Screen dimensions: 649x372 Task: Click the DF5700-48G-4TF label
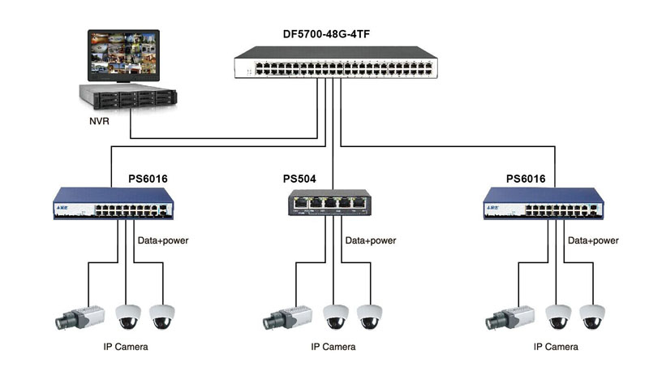pos(326,34)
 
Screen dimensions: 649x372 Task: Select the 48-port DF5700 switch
pos(336,63)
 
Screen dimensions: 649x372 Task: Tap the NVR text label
pos(99,121)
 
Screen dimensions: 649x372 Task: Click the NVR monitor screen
pos(123,55)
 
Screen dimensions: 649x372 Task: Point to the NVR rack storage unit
pos(128,96)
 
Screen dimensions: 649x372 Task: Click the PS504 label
pos(299,179)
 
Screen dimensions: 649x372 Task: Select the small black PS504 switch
pos(329,202)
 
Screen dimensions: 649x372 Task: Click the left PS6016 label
pos(148,179)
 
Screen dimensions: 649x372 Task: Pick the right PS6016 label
pos(526,179)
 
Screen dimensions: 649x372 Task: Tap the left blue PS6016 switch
pos(114,203)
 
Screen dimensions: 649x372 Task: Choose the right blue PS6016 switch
pos(544,203)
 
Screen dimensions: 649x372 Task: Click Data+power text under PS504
pos(371,240)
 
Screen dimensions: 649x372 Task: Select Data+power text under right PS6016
pos(593,240)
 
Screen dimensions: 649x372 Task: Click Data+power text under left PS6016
pos(163,240)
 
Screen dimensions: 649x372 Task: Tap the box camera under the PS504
pos(287,318)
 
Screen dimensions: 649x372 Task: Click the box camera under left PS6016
pos(80,318)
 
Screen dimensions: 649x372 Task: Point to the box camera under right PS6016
pos(509,318)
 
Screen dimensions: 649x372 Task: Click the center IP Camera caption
pos(333,347)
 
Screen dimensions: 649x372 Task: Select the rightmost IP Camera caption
pos(556,347)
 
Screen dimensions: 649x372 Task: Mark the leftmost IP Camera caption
pos(126,347)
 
